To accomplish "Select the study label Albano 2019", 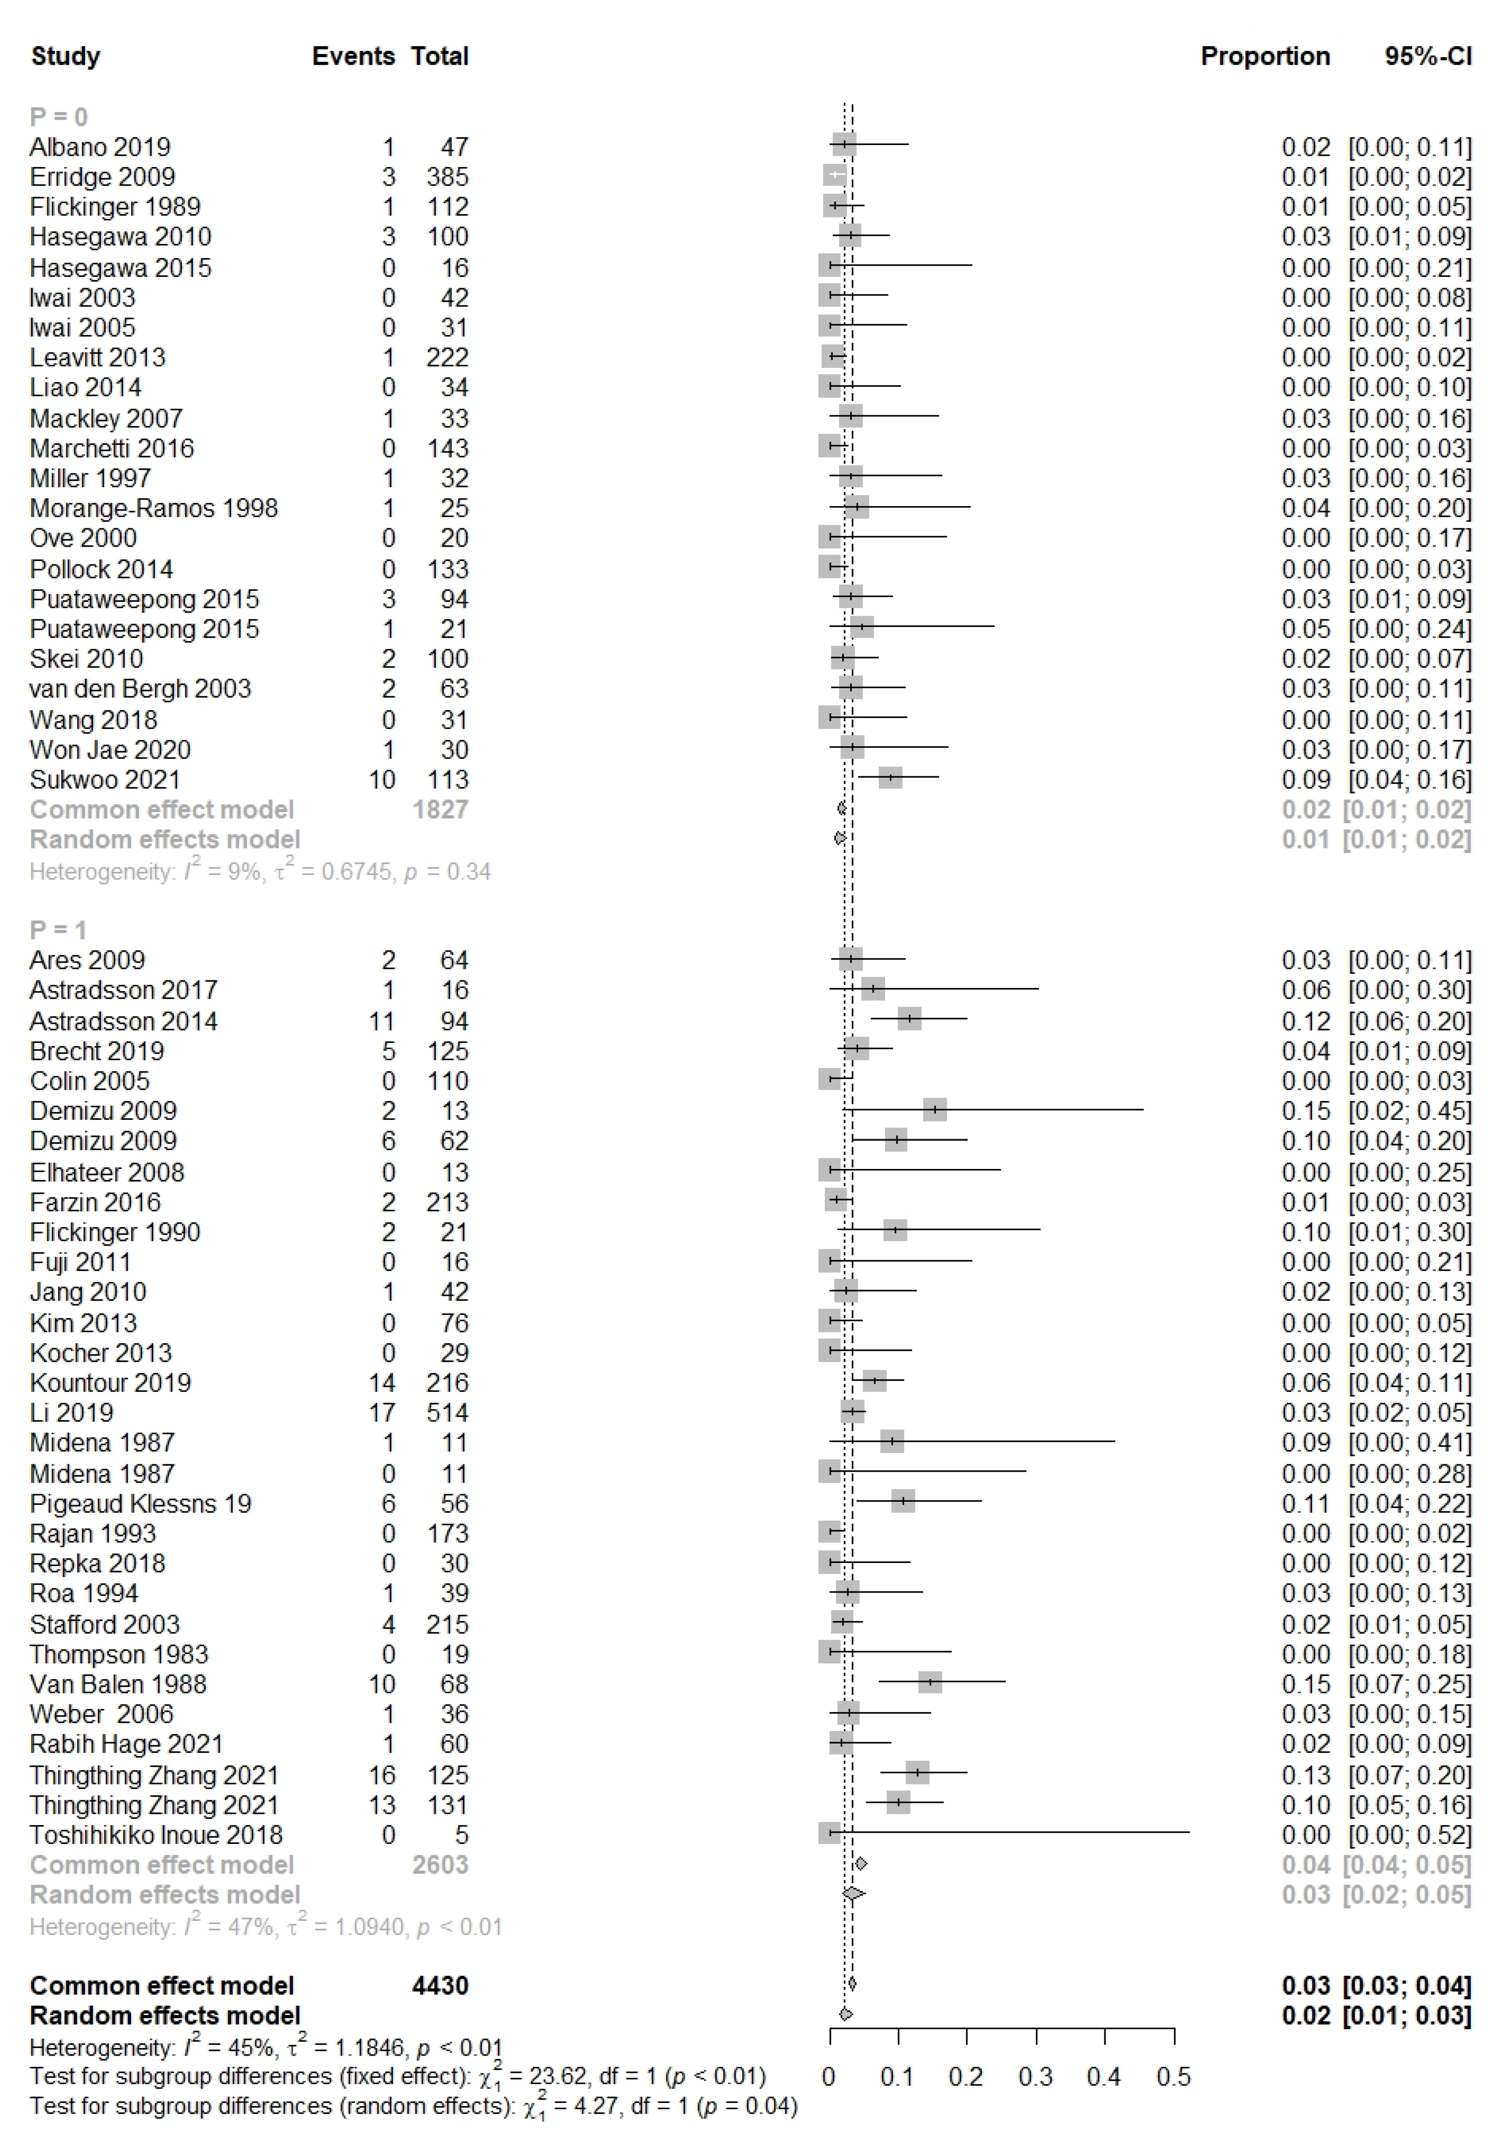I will tap(100, 147).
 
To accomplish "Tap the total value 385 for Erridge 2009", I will tap(447, 177).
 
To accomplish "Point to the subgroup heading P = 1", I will tap(58, 929).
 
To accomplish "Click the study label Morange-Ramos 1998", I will tap(154, 508).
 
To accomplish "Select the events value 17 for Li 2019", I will tap(382, 1412).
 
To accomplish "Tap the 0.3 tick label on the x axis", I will tap(1035, 2076).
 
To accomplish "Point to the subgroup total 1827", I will tap(440, 809).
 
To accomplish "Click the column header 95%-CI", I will tap(1427, 56).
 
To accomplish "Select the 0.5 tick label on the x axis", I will tap(1173, 2076).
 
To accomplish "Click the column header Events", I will tap(353, 56).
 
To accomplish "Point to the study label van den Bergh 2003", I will tap(141, 689).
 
